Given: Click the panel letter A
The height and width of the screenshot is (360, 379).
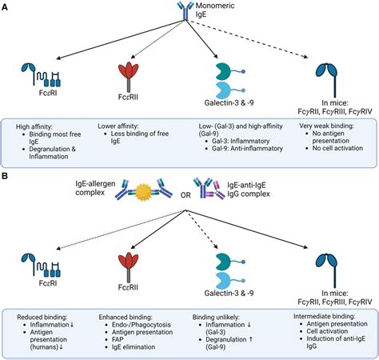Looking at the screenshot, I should [6, 6].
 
